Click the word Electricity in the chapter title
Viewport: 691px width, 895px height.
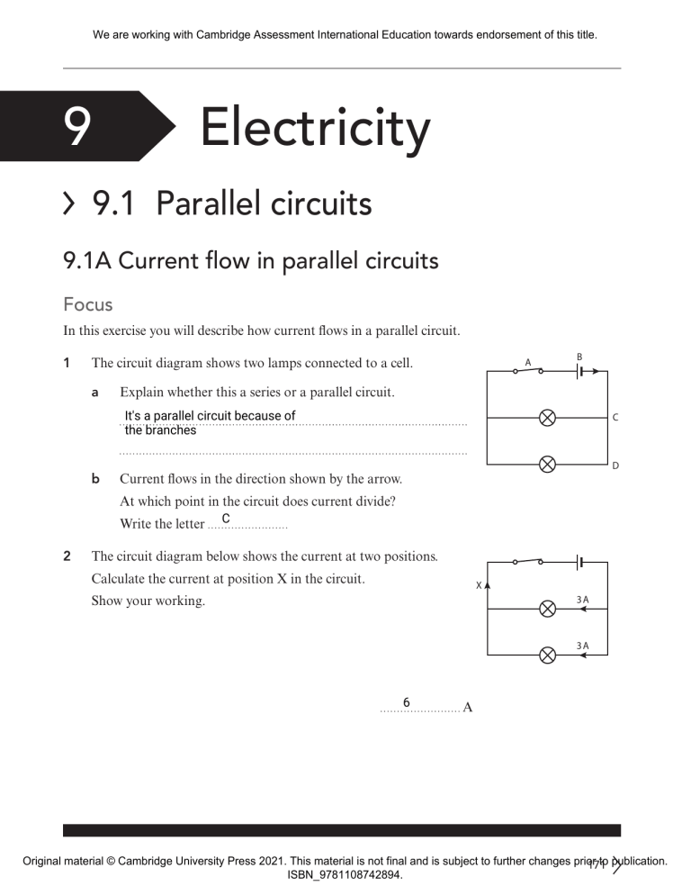click(x=315, y=128)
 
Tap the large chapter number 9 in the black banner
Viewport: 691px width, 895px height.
click(x=77, y=127)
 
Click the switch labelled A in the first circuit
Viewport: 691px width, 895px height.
click(x=527, y=370)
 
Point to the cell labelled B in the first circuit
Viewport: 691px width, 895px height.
click(x=581, y=370)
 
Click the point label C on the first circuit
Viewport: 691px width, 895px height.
click(x=615, y=418)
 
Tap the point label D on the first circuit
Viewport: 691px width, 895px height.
click(x=615, y=466)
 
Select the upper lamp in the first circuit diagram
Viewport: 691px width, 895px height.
click(x=546, y=418)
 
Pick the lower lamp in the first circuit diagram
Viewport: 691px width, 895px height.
click(x=546, y=465)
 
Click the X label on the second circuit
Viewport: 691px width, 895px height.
click(x=479, y=586)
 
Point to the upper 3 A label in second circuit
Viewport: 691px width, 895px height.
click(x=582, y=599)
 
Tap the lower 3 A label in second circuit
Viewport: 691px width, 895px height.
click(x=582, y=646)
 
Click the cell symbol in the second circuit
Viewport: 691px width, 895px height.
click(x=581, y=562)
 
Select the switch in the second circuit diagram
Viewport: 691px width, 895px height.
click(x=527, y=561)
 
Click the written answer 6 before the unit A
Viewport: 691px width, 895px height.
click(x=407, y=702)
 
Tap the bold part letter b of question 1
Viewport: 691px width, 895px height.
click(x=95, y=480)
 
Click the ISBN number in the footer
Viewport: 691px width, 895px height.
click(x=345, y=874)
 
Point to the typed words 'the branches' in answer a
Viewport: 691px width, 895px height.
click(x=160, y=430)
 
